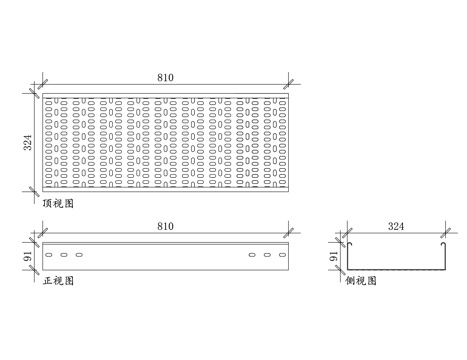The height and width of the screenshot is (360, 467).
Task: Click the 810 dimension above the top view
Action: pyautogui.click(x=164, y=75)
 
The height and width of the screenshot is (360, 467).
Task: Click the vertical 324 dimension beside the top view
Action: pyautogui.click(x=29, y=141)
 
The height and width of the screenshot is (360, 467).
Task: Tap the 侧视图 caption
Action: pyautogui.click(x=361, y=281)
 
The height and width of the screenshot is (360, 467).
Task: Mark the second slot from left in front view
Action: pyautogui.click(x=64, y=255)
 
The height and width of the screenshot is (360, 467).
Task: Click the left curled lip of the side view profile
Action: pyautogui.click(x=349, y=244)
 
